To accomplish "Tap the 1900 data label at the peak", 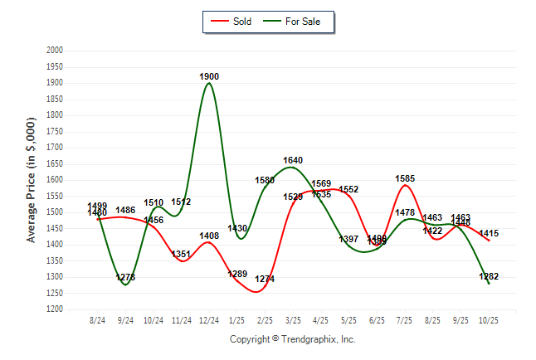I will (210, 76).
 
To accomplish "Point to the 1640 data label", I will (293, 160).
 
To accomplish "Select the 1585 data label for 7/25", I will (406, 178).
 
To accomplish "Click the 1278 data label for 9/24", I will (126, 277).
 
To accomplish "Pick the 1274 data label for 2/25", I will (266, 279).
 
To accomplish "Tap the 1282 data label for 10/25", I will (490, 276).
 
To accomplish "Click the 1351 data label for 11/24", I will (182, 254).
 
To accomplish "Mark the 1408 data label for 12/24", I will (209, 236).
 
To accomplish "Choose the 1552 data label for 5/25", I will (348, 189).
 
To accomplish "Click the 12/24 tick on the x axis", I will (209, 319).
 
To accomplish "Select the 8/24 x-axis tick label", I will (98, 319).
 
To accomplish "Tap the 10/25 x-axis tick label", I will (489, 319).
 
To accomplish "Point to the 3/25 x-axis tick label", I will (293, 319).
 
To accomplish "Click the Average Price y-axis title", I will (32, 180).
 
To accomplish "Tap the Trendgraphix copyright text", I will (292, 339).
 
